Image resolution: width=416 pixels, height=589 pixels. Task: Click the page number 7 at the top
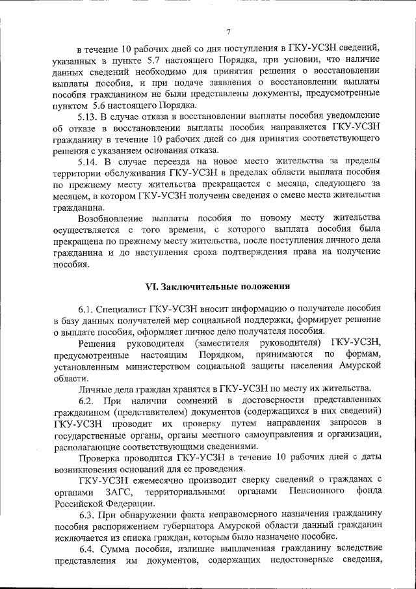pyautogui.click(x=228, y=33)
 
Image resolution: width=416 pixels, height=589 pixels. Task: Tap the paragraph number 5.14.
pyautogui.click(x=87, y=162)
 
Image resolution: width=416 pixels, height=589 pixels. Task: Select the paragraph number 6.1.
pyautogui.click(x=87, y=308)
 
